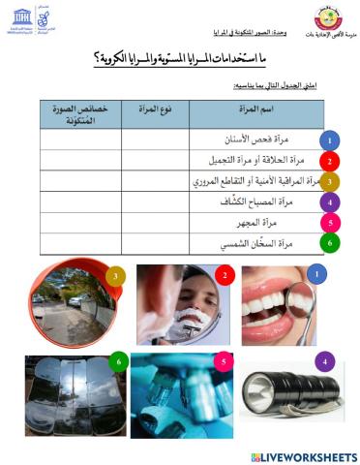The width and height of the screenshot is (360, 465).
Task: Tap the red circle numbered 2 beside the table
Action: point(331,161)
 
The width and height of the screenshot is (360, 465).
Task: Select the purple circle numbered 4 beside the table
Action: point(331,202)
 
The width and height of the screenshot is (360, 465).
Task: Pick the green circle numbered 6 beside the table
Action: point(331,243)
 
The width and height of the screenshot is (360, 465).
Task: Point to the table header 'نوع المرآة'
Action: point(154,112)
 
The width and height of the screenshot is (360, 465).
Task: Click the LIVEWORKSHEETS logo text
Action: point(310,455)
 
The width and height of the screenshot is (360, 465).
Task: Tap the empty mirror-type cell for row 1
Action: point(154,139)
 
